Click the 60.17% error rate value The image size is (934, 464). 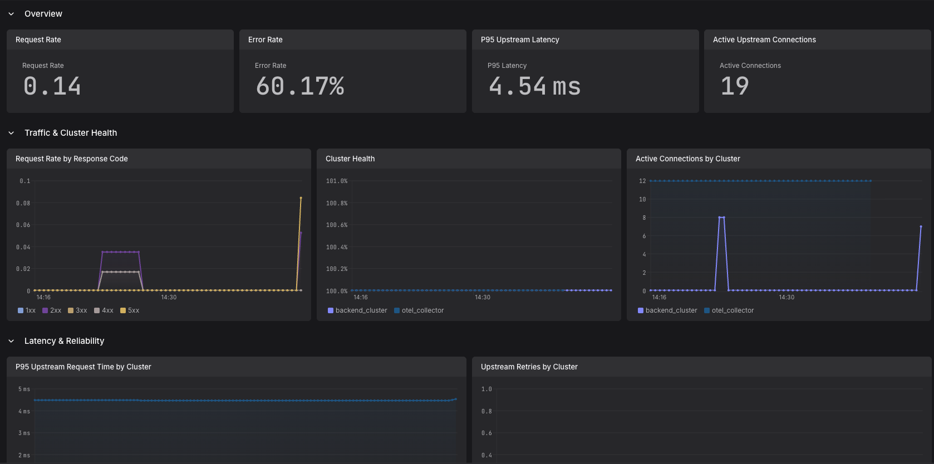coord(300,86)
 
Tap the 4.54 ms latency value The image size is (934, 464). coord(534,86)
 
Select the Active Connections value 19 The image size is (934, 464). coord(735,86)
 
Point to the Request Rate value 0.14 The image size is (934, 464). coord(52,86)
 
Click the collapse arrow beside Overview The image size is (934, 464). coord(11,14)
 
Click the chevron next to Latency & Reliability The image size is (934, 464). coord(11,341)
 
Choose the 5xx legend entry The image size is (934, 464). coord(130,310)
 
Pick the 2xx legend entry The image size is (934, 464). coord(52,310)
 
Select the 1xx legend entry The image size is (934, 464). coord(27,310)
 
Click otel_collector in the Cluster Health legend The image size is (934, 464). coord(419,310)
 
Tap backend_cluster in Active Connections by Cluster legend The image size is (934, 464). coord(667,310)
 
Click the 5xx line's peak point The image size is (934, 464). coord(301,198)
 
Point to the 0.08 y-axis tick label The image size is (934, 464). coord(23,203)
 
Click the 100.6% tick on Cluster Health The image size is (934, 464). coord(337,225)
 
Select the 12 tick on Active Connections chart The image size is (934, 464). coord(642,181)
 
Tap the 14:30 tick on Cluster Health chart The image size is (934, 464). coord(483,297)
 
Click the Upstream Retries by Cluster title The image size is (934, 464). coord(529,367)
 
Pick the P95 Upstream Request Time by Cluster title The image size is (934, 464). coord(83,367)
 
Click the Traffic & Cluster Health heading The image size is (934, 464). coord(71,133)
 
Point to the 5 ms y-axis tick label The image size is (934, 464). coord(24,389)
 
